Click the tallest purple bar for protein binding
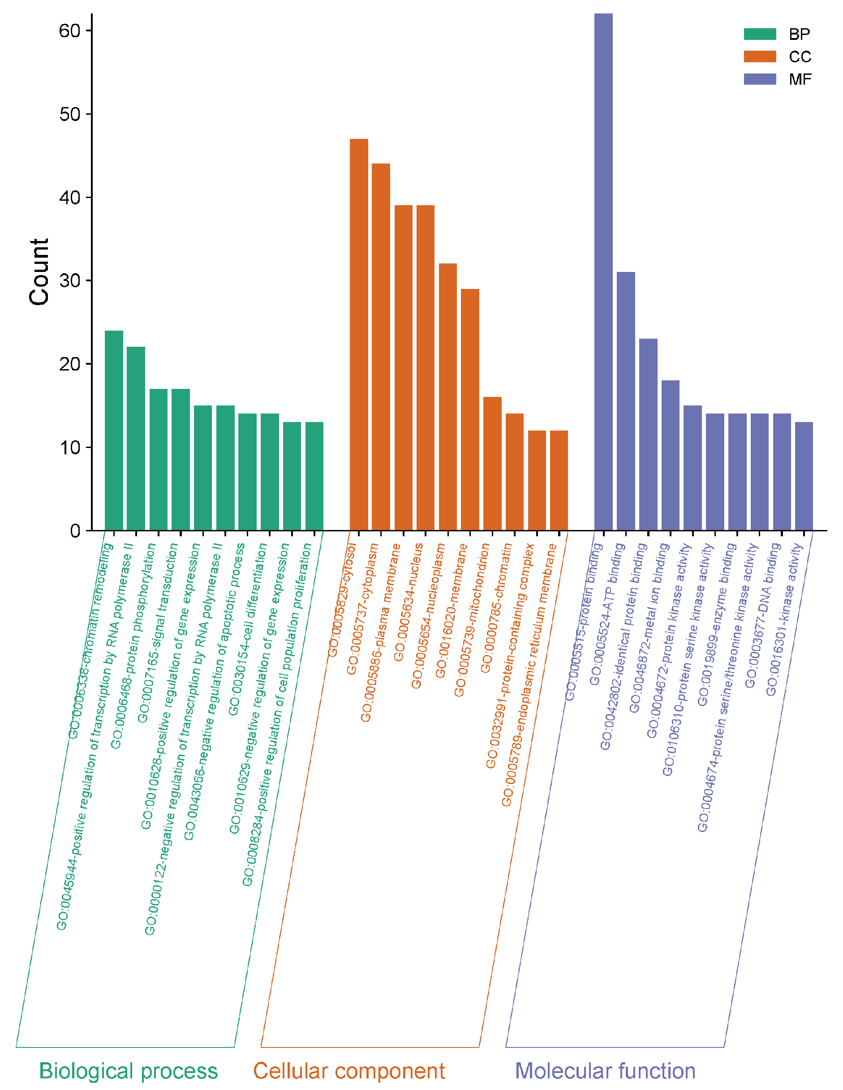pyautogui.click(x=603, y=272)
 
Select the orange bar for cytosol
pyautogui.click(x=358, y=334)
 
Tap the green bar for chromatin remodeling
pyautogui.click(x=114, y=430)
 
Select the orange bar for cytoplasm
pyautogui.click(x=381, y=347)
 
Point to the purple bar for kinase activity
pyautogui.click(x=804, y=476)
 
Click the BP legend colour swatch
pyautogui.click(x=760, y=34)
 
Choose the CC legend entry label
pyautogui.click(x=800, y=57)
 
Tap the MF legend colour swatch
pyautogui.click(x=760, y=79)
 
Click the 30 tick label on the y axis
pyautogui.click(x=69, y=280)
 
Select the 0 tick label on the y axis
pyautogui.click(x=75, y=530)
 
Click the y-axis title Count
pyautogui.click(x=39, y=272)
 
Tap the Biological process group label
pyautogui.click(x=128, y=1071)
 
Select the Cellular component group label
pyautogui.click(x=349, y=1071)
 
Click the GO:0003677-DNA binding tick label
pyautogui.click(x=763, y=615)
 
